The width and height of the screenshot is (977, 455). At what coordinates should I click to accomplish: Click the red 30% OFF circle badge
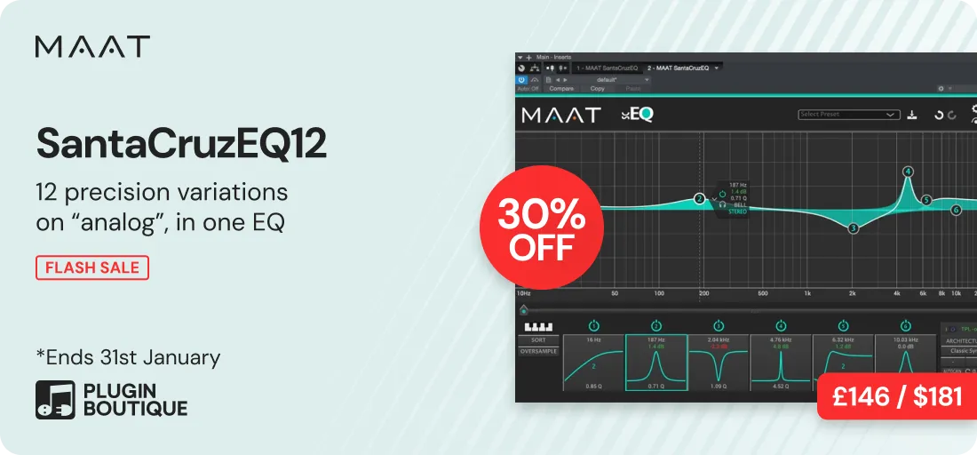[541, 227]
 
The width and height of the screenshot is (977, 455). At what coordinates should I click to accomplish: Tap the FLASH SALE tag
[91, 267]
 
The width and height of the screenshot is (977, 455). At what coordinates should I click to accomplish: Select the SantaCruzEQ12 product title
[181, 145]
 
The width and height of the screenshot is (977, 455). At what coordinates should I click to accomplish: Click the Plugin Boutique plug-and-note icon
[54, 400]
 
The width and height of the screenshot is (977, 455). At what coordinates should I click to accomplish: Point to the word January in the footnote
[181, 358]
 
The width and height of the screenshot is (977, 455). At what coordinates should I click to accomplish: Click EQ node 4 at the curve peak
[908, 172]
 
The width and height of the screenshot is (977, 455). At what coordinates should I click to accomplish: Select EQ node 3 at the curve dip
[853, 228]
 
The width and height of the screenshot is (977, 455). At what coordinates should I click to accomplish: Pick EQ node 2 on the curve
[699, 199]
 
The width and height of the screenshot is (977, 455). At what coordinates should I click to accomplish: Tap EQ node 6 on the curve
[956, 210]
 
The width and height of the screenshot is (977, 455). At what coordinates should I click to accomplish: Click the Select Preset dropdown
[849, 115]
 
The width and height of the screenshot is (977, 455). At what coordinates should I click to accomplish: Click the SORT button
[539, 340]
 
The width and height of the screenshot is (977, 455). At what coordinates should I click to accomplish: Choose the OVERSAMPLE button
[539, 351]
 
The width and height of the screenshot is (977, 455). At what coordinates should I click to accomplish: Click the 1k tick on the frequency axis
[807, 293]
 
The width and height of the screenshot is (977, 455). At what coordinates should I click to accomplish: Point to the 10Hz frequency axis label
[524, 293]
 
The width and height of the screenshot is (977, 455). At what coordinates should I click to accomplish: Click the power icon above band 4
[781, 326]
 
